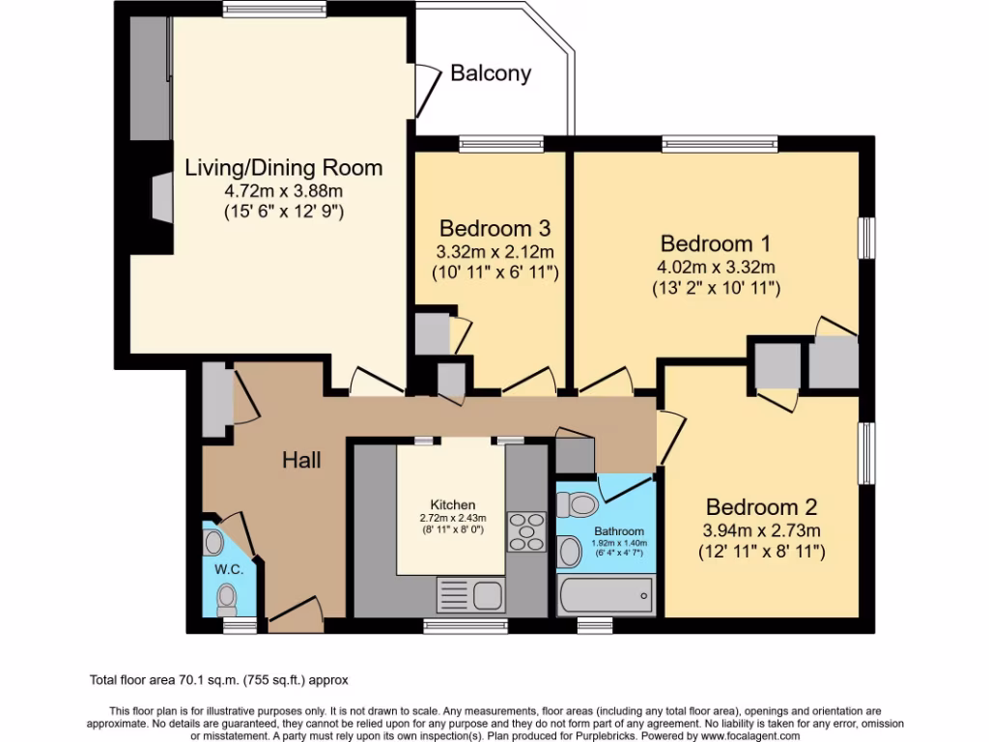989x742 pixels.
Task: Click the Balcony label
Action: (x=491, y=73)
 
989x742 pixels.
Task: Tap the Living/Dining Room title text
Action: (x=283, y=167)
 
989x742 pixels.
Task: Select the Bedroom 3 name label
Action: (x=494, y=229)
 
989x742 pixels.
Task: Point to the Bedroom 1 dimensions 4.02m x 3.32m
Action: (x=717, y=267)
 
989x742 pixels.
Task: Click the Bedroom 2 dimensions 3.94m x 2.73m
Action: (x=762, y=530)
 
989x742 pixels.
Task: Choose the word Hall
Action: (x=301, y=461)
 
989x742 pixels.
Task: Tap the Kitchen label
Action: (x=453, y=504)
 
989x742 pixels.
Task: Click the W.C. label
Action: (x=227, y=570)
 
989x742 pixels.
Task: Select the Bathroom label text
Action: (x=618, y=530)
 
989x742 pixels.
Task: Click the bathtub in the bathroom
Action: (x=607, y=595)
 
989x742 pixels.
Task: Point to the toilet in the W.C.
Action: (x=228, y=599)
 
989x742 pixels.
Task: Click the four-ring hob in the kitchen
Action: (x=527, y=532)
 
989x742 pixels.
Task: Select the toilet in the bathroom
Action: (x=580, y=504)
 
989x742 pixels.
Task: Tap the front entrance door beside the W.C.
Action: (x=295, y=612)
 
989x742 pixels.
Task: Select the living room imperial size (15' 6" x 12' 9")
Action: (x=283, y=211)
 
